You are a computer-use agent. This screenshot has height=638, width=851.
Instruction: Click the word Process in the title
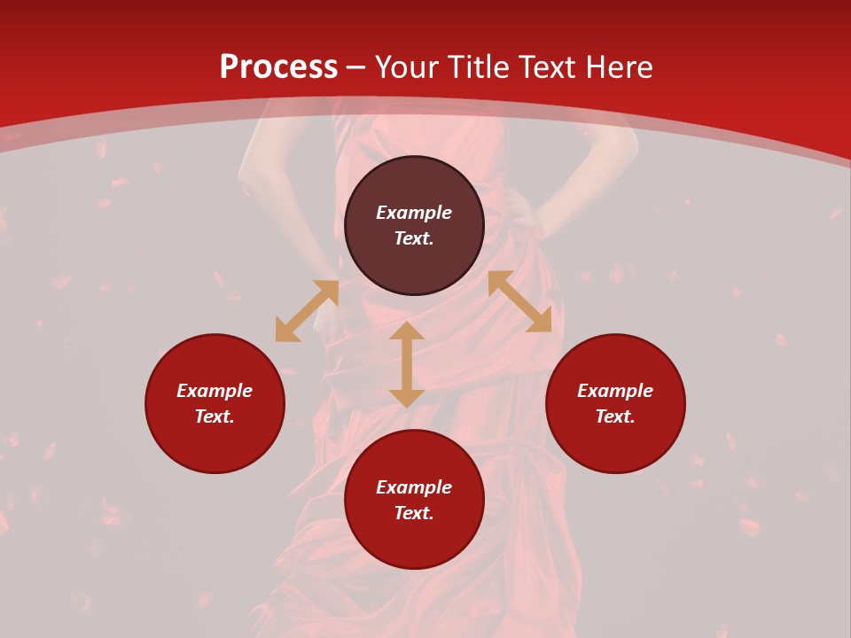pos(278,67)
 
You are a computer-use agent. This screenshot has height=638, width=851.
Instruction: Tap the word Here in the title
pos(617,67)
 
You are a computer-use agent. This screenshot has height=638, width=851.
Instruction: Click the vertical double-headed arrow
pos(407,364)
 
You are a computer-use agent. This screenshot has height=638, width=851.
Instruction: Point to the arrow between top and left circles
pos(307,311)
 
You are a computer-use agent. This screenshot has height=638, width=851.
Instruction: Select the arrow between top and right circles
pos(519,301)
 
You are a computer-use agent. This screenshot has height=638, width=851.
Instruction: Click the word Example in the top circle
pos(414,213)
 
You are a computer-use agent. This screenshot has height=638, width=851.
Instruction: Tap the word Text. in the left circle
pos(215,416)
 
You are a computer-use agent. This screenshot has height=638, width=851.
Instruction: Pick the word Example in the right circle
pos(615,391)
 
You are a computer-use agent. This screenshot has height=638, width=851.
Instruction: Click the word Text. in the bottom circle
pos(414,513)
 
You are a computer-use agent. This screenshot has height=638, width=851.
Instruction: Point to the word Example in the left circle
pos(215,391)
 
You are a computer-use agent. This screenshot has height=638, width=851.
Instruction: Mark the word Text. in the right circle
pos(615,416)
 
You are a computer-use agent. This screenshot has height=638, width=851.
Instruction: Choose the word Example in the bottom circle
pos(414,487)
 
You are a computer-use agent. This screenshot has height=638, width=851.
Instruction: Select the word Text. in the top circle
pos(414,238)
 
